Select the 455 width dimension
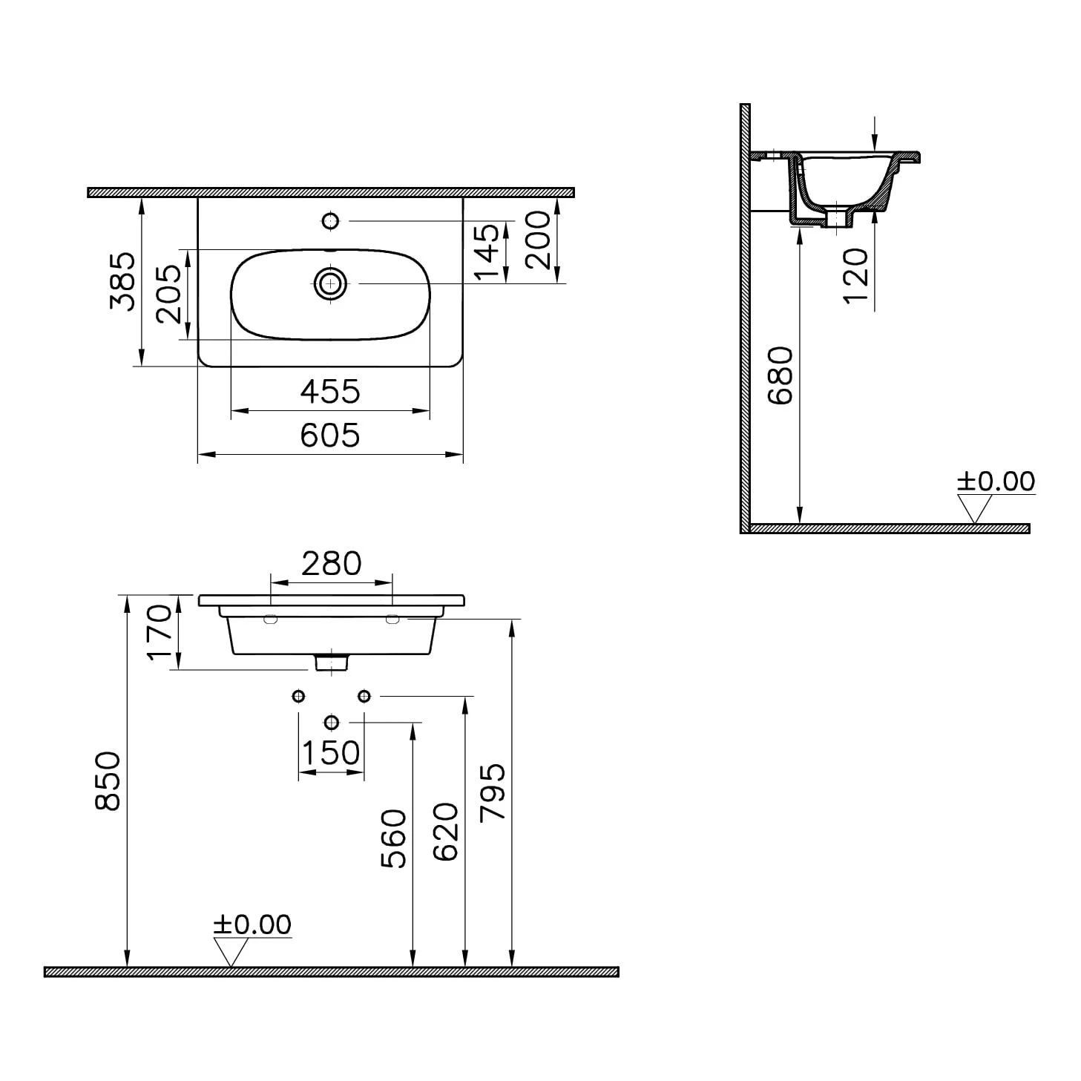330,392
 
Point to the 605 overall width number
330,435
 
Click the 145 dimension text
486,252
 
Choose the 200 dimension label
539,240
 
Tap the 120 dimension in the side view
856,277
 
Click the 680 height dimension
781,375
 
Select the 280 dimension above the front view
332,564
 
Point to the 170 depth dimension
160,632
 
